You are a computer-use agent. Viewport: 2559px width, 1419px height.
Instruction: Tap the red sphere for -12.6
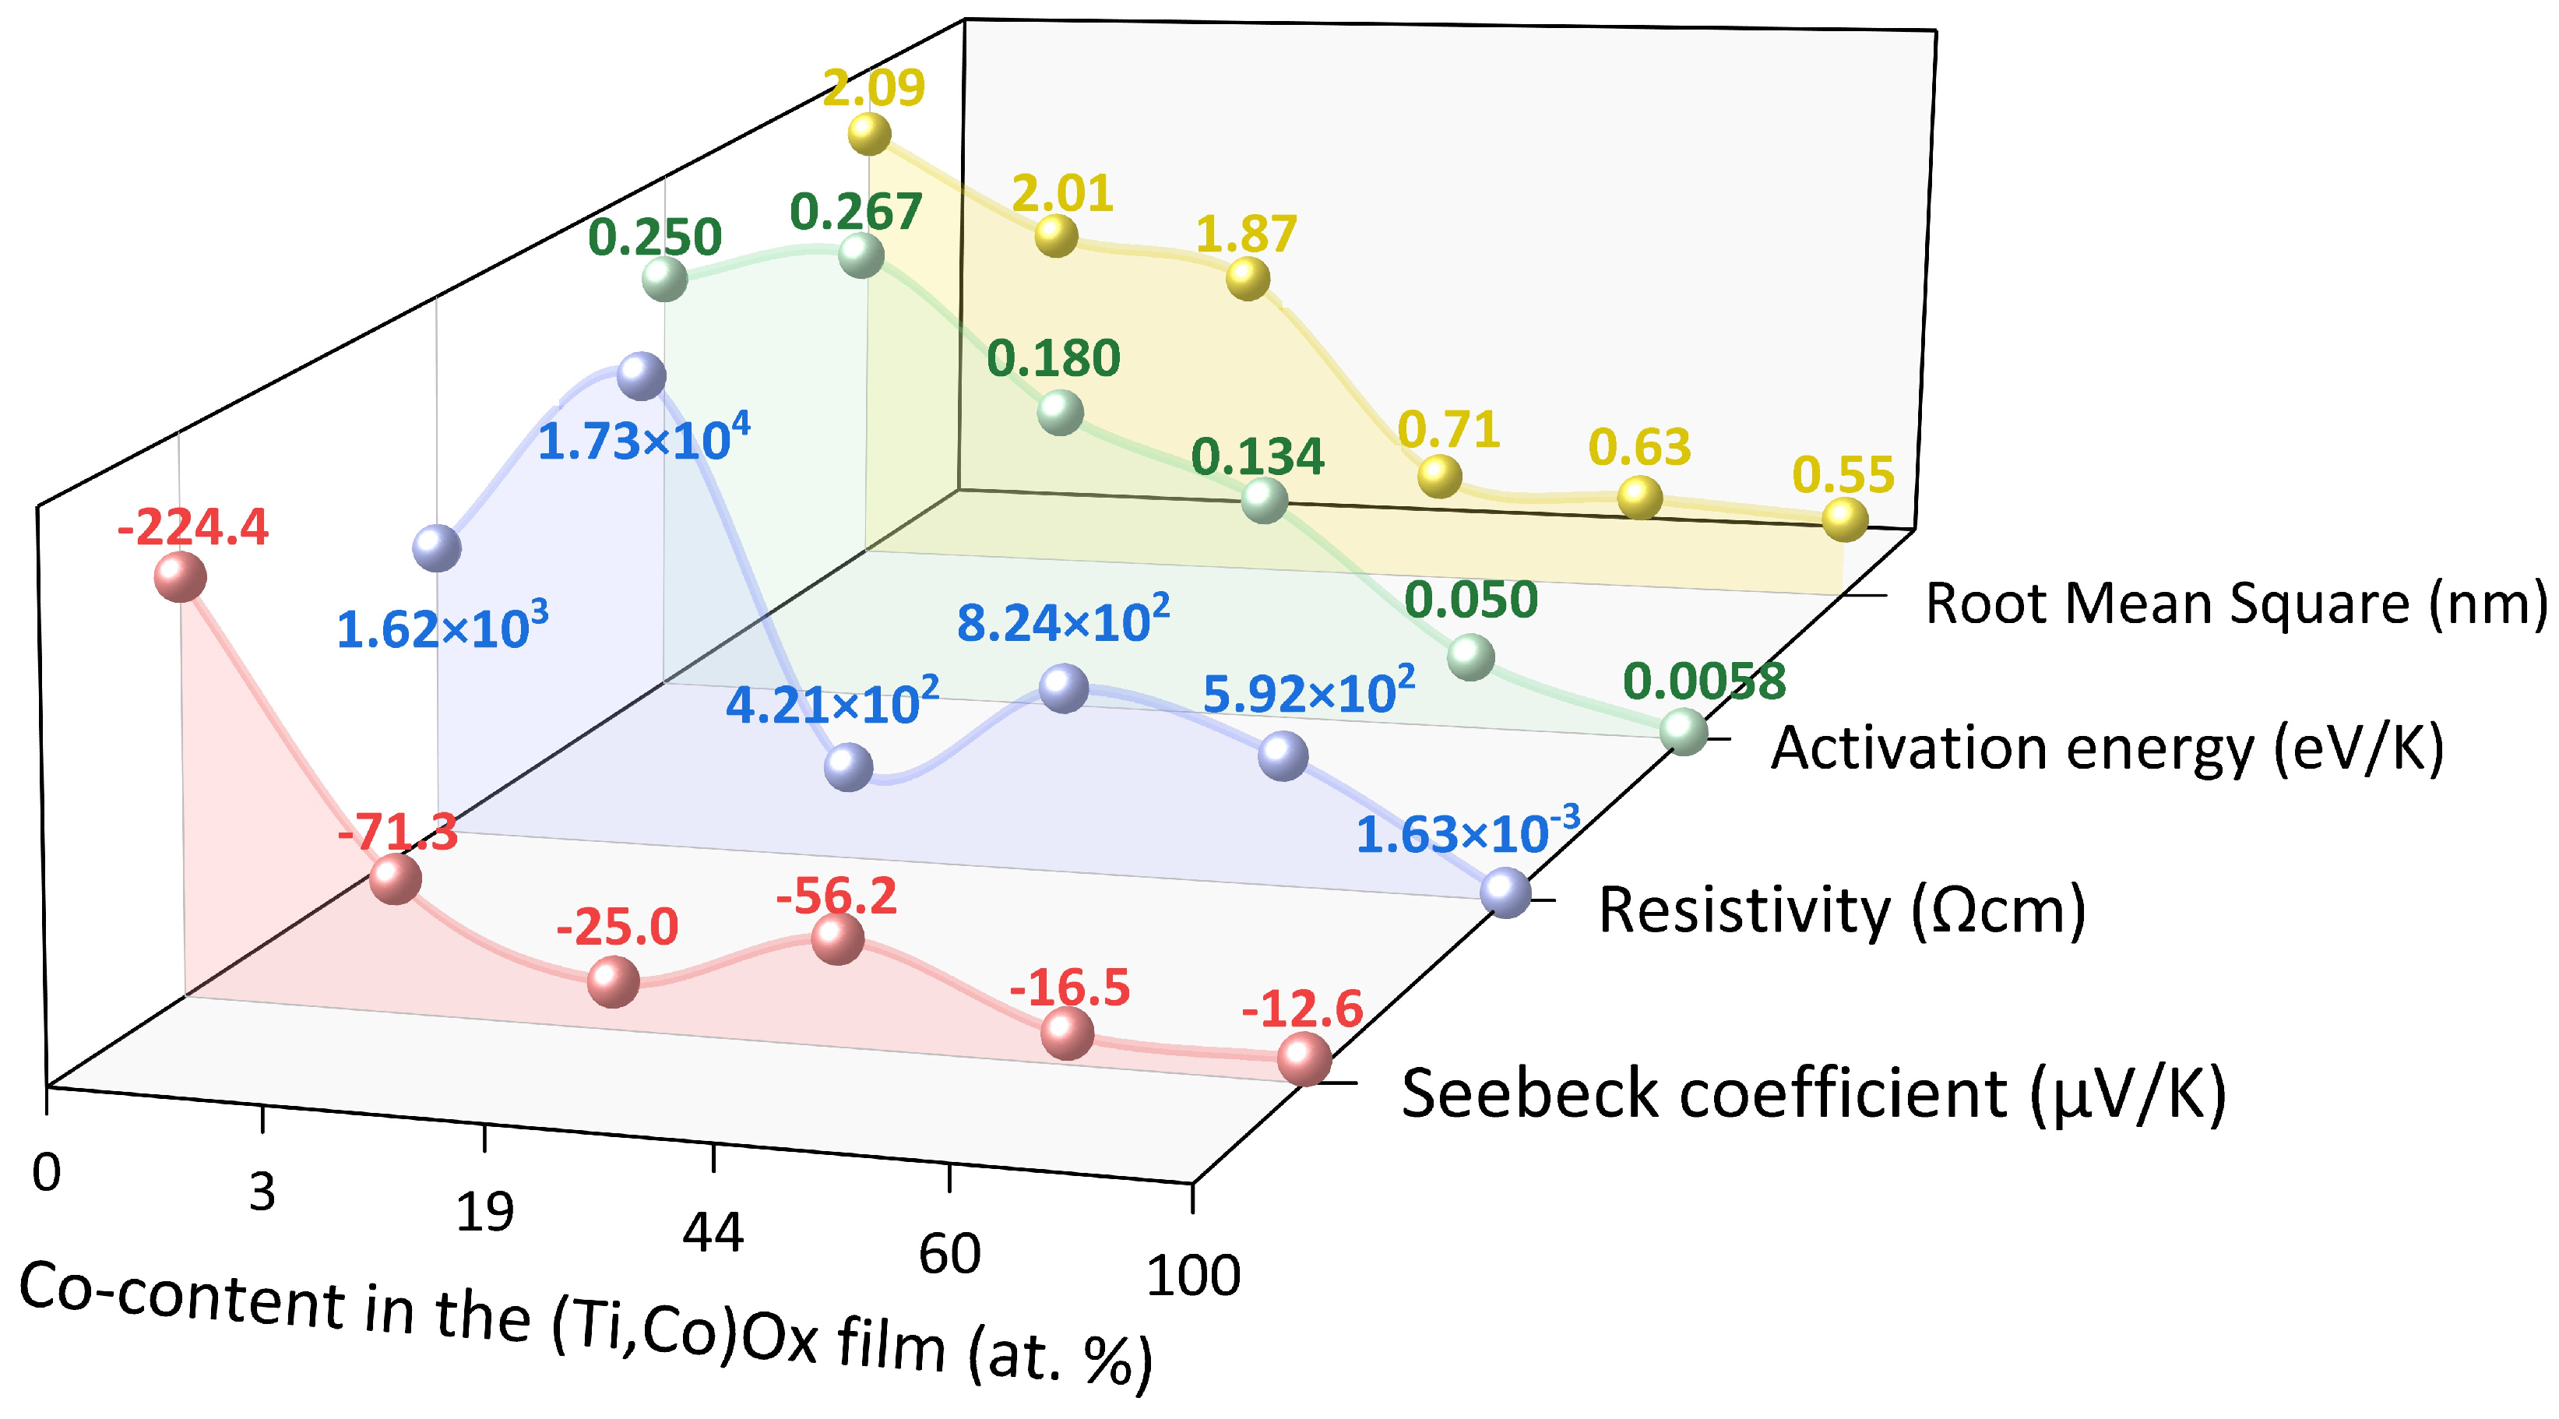pyautogui.click(x=1304, y=1058)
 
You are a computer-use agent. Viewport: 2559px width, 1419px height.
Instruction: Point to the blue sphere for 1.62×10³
pyautogui.click(x=437, y=548)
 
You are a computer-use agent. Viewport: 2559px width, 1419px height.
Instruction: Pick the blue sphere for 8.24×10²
pyautogui.click(x=1064, y=688)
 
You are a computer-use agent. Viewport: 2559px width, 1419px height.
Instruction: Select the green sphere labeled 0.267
pyautogui.click(x=861, y=255)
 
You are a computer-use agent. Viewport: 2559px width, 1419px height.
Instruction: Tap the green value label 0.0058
pyautogui.click(x=1704, y=681)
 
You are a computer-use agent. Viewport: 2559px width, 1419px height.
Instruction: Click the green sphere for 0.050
pyautogui.click(x=1471, y=657)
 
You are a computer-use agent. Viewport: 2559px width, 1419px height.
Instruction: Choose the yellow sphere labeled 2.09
pyautogui.click(x=869, y=134)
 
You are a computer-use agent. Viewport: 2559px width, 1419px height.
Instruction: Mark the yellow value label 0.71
pyautogui.click(x=1448, y=430)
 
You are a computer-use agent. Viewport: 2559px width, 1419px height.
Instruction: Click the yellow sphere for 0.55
pyautogui.click(x=1845, y=519)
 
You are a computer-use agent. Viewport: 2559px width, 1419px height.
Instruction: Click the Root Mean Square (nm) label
pyautogui.click(x=2235, y=603)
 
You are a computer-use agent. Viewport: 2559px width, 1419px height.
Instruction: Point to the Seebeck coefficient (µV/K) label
pyautogui.click(x=1813, y=1093)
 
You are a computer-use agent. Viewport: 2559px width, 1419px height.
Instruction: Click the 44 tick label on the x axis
pyautogui.click(x=713, y=1233)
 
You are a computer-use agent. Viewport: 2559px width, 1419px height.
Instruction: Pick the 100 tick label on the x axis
pyautogui.click(x=1193, y=1276)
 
